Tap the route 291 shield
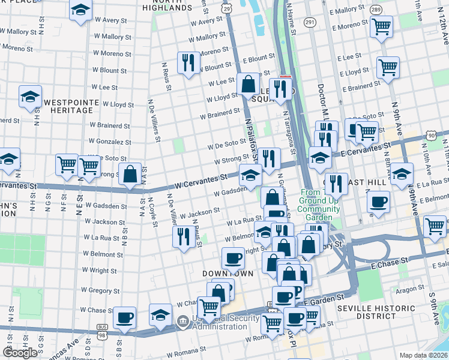click(x=309, y=22)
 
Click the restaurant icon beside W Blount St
click(x=188, y=63)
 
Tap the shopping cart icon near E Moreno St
click(x=381, y=26)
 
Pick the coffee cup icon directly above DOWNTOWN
click(x=233, y=258)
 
